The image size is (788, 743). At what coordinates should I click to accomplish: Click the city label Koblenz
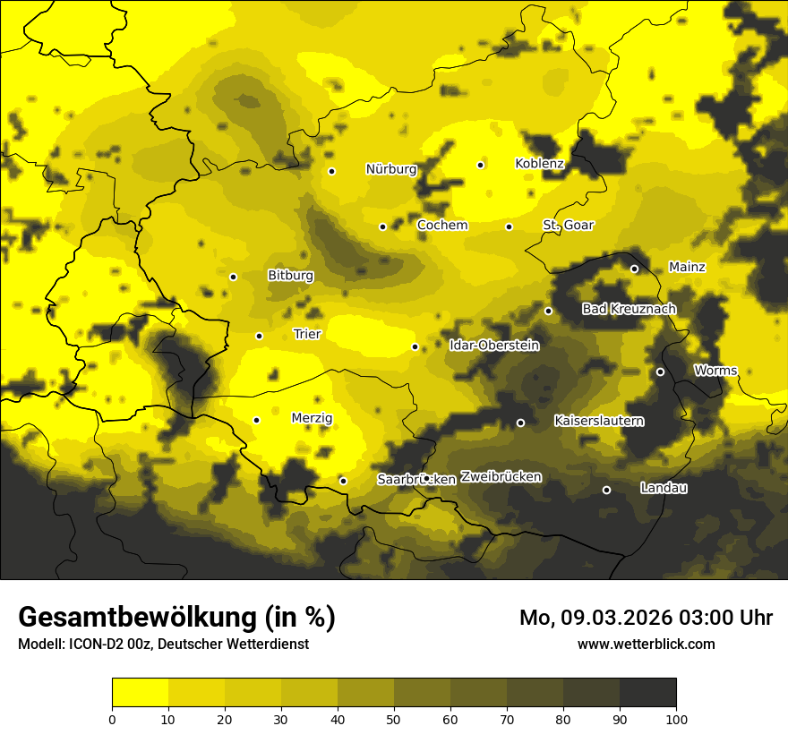tap(539, 164)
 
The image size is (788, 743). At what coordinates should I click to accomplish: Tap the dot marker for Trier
tap(259, 336)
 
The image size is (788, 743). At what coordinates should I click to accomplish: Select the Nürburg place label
tap(391, 169)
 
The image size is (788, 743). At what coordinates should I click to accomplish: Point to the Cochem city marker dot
tap(382, 226)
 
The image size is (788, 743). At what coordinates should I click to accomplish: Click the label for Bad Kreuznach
tap(629, 309)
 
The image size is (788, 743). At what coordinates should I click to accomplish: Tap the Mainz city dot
tap(634, 269)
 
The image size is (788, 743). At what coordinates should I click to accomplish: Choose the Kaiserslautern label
tap(599, 421)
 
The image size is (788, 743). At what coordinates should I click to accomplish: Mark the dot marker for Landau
tap(606, 490)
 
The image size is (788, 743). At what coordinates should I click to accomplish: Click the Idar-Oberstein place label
tap(493, 346)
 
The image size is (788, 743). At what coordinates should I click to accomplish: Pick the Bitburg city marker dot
tap(233, 277)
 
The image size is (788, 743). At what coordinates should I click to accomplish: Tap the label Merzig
tap(312, 418)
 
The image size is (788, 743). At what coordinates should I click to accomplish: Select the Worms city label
tap(715, 371)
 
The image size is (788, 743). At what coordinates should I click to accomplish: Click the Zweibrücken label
tap(501, 477)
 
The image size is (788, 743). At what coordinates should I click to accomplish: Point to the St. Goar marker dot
tap(509, 226)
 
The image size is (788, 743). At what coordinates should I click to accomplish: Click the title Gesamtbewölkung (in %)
tap(176, 618)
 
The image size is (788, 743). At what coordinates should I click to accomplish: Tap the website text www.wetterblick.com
tap(646, 644)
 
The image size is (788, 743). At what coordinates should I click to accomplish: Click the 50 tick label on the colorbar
tap(394, 718)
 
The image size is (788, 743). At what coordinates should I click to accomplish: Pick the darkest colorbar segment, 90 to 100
tap(647, 692)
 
